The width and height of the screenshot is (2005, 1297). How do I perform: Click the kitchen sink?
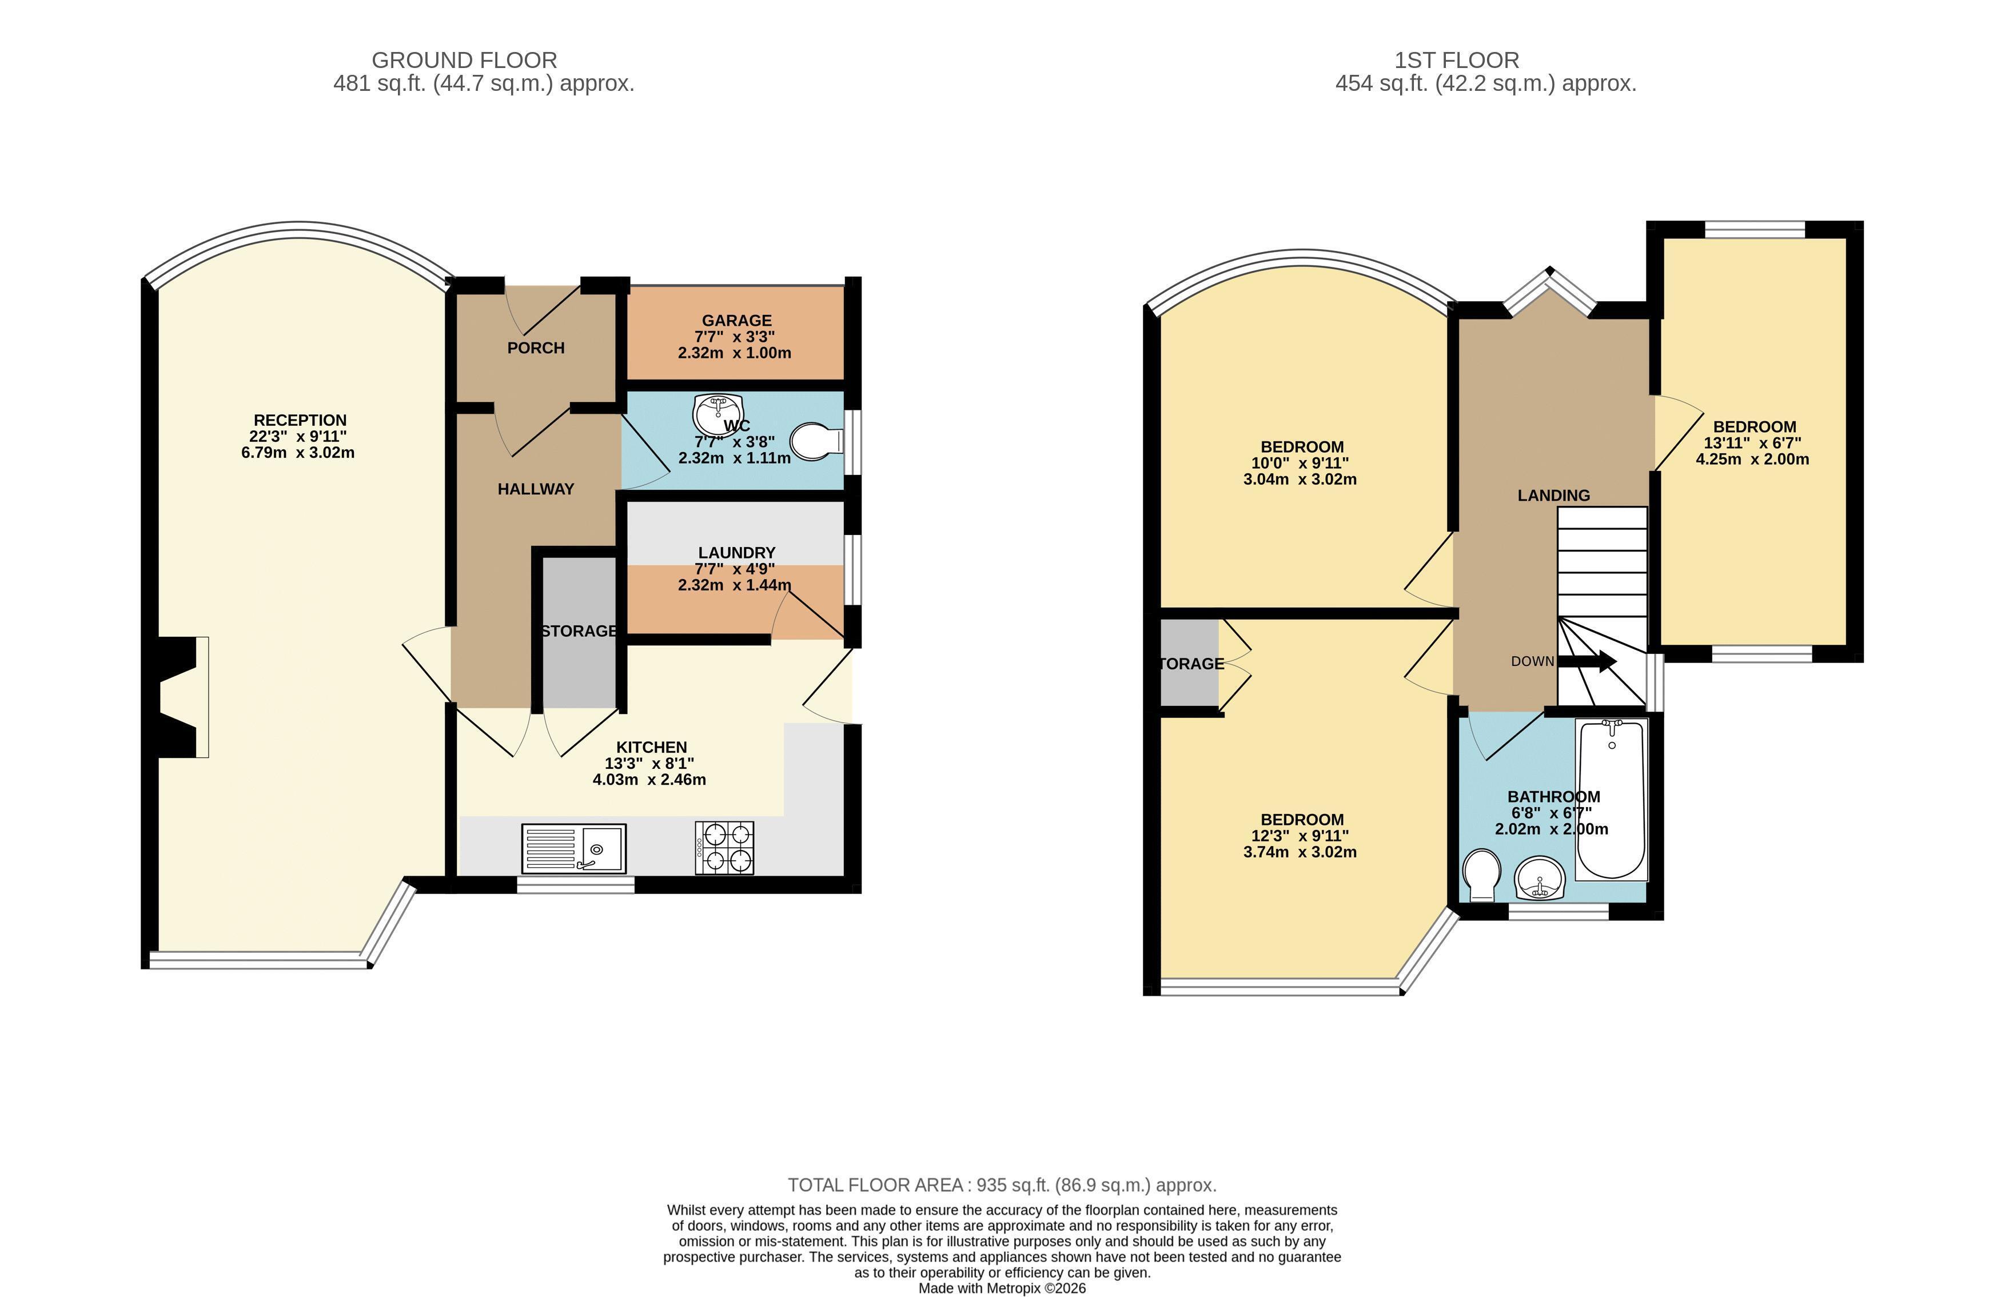click(573, 848)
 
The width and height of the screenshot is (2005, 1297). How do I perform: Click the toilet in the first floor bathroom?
click(1481, 873)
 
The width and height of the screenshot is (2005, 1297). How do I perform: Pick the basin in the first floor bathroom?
click(1539, 877)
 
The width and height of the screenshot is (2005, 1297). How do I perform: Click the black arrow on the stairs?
click(1587, 662)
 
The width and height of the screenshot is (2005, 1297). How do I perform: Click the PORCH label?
click(536, 348)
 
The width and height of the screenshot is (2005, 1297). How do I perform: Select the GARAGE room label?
click(737, 320)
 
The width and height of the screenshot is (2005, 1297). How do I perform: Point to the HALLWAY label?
click(536, 489)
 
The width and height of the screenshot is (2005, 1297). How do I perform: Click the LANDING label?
click(1554, 495)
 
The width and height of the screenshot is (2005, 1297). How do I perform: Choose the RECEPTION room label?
click(300, 420)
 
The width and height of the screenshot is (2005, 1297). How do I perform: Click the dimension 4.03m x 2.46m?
click(649, 780)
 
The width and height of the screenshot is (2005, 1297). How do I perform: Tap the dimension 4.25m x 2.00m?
click(1752, 459)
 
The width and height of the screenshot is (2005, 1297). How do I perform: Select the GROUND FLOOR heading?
click(464, 61)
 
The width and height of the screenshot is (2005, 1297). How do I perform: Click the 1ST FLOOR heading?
click(1457, 61)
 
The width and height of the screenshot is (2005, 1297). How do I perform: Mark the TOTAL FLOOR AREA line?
click(1002, 1185)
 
